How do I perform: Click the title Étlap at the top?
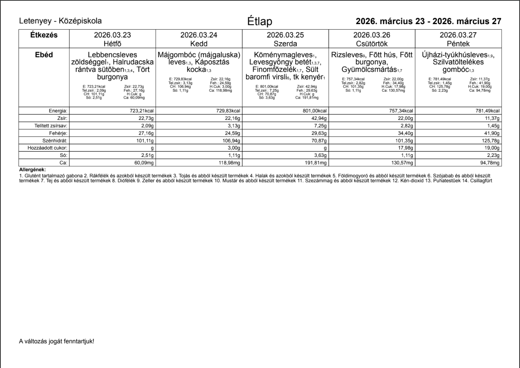(x=260, y=22)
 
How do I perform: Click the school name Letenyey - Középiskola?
(x=60, y=21)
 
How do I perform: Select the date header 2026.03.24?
(x=199, y=35)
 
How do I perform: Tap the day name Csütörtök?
(x=371, y=44)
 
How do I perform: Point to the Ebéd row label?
(x=44, y=55)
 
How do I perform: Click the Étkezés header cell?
(x=44, y=35)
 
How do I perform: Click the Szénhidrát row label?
(x=55, y=141)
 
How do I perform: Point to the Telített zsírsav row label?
(x=51, y=126)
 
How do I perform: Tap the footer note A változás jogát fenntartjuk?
(x=57, y=341)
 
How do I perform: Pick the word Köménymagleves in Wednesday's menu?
(x=283, y=55)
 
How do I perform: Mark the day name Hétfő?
(x=112, y=44)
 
